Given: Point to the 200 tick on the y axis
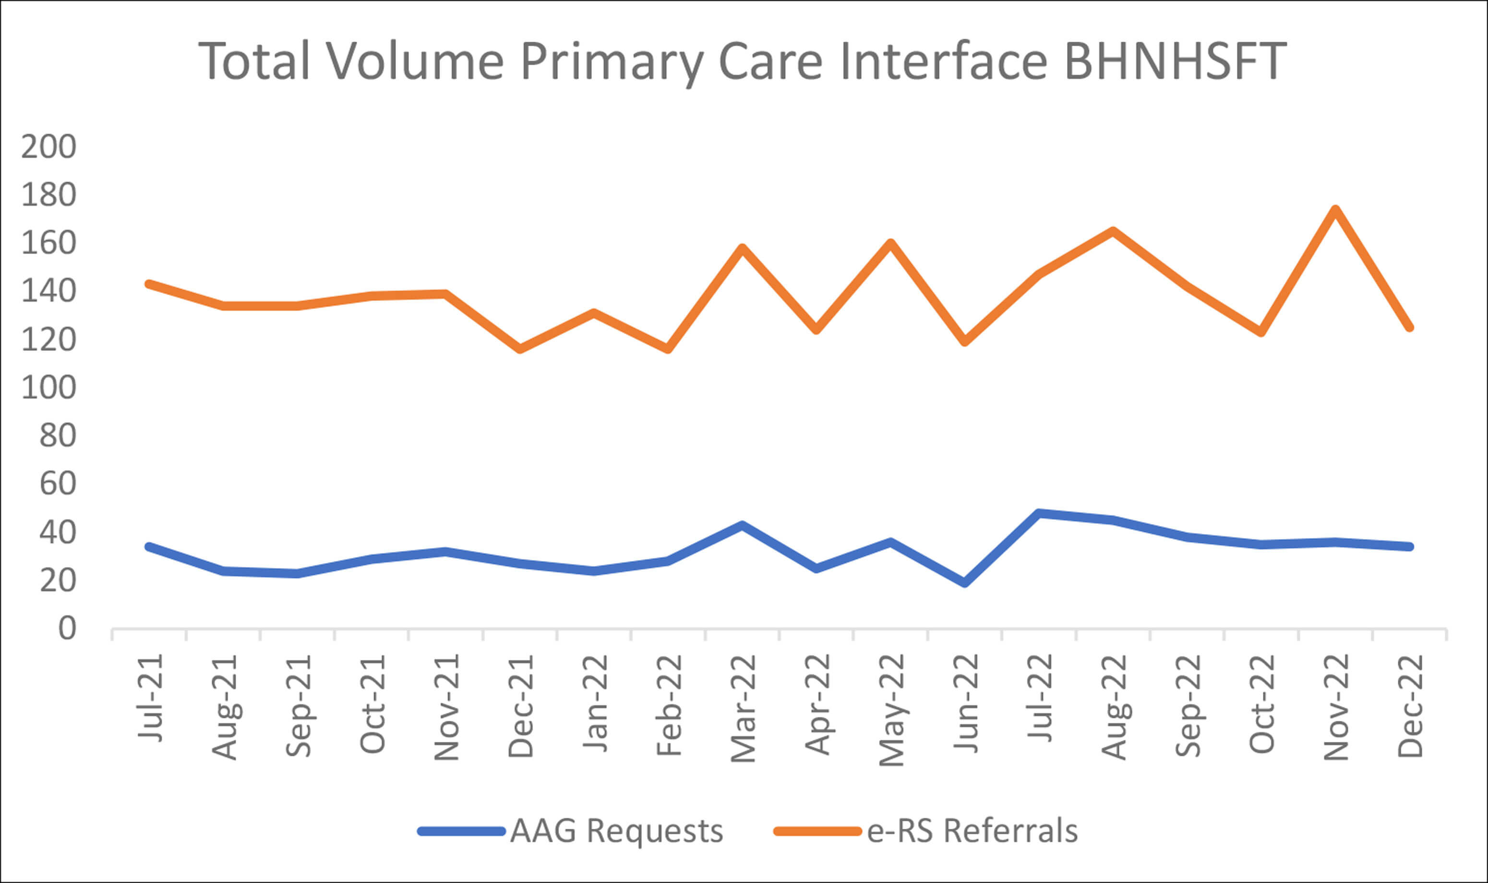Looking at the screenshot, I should tap(49, 146).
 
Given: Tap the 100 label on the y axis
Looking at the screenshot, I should tap(49, 388).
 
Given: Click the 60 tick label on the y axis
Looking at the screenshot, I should tap(58, 484).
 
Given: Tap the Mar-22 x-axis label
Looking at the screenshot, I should tap(743, 708).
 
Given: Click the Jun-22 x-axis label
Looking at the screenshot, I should tap(965, 704).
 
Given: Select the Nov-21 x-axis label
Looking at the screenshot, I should tap(446, 707).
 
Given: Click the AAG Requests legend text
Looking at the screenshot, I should tap(616, 831).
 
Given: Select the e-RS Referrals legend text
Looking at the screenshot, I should tap(972, 831).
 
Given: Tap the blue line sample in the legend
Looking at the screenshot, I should tap(461, 831).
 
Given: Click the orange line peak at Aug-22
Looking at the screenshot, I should tap(1113, 231).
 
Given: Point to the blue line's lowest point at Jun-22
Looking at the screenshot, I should tap(964, 583).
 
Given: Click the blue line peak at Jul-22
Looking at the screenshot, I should tap(1039, 513).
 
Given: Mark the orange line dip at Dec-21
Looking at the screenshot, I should tap(520, 349).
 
